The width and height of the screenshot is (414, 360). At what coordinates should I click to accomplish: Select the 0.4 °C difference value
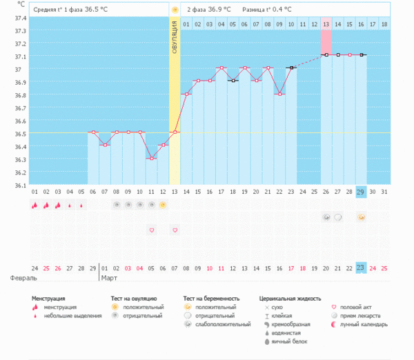pyautogui.click(x=279, y=10)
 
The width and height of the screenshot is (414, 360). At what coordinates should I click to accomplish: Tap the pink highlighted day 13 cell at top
pyautogui.click(x=326, y=24)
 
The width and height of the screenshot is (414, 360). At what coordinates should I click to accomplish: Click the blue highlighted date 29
pyautogui.click(x=361, y=191)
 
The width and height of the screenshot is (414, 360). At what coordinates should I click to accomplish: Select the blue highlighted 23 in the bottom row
pyautogui.click(x=361, y=268)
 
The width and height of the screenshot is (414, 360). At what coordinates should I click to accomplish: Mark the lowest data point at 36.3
pyautogui.click(x=151, y=159)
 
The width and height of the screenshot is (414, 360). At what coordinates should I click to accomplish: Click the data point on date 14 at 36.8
pyautogui.click(x=186, y=94)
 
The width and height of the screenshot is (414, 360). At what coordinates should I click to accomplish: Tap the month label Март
pyautogui.click(x=109, y=278)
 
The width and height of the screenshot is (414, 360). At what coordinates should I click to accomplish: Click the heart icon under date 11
pyautogui.click(x=151, y=230)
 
